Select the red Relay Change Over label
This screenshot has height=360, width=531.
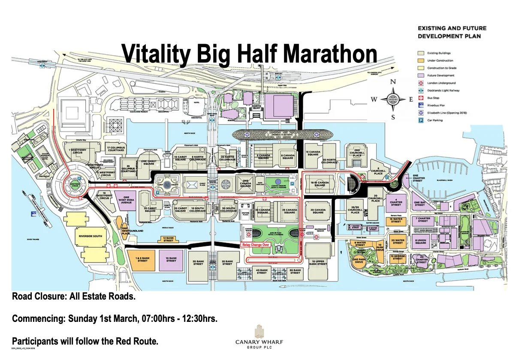tap(256, 244)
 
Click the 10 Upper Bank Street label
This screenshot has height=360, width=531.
tap(319, 262)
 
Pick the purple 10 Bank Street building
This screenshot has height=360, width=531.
tap(171, 260)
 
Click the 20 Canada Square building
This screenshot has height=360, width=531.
tap(318, 211)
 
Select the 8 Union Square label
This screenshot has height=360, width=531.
tap(421, 242)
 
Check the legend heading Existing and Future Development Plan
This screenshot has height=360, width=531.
tap(452, 32)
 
